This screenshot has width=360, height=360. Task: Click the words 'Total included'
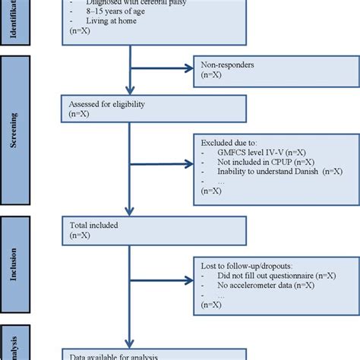tap(94, 225)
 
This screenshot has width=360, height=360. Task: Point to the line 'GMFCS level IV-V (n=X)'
tap(263, 151)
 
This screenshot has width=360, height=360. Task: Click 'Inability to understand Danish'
tap(266, 172)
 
